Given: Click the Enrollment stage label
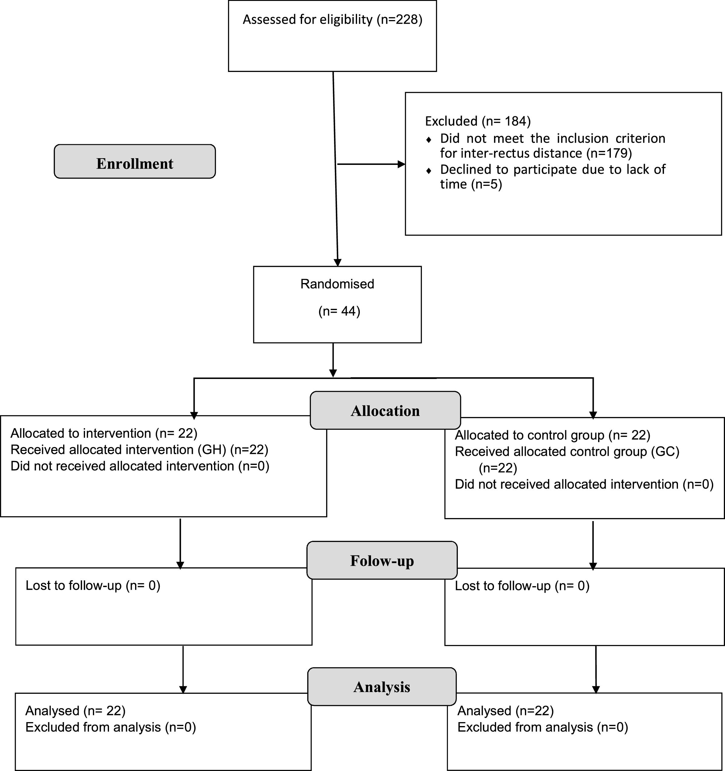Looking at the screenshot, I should pos(134,163).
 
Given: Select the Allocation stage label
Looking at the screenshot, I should pos(385,411).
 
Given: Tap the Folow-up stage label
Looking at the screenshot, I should pos(382,561).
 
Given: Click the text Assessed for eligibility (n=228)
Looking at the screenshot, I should pos(332,19).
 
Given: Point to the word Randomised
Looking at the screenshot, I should pos(337,284).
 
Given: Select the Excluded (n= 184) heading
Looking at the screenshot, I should pos(478,121).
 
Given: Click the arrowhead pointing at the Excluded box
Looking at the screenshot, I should pos(402,165).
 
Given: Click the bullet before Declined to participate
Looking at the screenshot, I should pos(428,170).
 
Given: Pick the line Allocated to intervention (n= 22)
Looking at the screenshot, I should pos(104,433).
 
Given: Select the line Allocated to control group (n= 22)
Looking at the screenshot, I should pos(552,435).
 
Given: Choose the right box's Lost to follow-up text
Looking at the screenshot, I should pos(522,586).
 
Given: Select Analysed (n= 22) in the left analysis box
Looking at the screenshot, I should pos(75,711).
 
